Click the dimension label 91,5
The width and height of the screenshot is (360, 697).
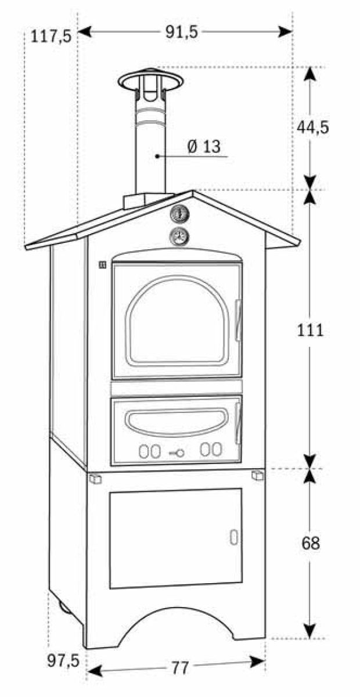(182, 33)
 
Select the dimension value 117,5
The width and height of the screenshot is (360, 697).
(52, 37)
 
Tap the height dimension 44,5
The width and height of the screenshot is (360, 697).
(312, 126)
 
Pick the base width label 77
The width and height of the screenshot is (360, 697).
(180, 669)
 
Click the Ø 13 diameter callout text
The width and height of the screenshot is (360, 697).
(204, 147)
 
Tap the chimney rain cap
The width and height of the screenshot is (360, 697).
(150, 80)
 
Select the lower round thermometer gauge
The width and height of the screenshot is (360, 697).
(179, 236)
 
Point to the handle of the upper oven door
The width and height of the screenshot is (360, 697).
(238, 319)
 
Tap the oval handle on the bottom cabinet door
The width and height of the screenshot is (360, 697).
(233, 537)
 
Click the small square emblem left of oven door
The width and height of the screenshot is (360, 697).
(102, 265)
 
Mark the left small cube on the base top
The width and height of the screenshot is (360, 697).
(95, 479)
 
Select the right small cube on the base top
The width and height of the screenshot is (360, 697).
(257, 476)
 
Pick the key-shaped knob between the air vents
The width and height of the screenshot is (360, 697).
(177, 452)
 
